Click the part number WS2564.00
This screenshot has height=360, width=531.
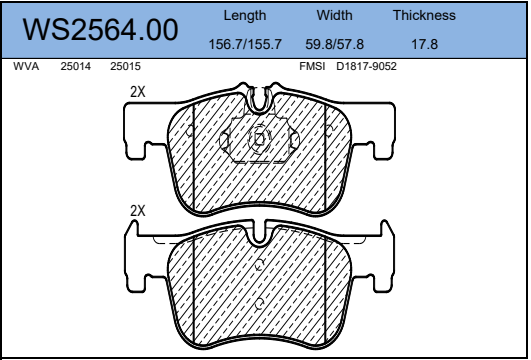point(100,30)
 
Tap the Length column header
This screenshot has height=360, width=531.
point(245,16)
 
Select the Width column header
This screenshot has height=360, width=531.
point(335,15)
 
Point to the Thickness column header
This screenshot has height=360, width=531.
point(424,15)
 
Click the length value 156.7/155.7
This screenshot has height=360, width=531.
point(245,44)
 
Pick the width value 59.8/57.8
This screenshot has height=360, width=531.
point(335,44)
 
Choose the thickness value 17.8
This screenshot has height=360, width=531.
point(425,44)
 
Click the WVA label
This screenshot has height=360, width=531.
point(26,66)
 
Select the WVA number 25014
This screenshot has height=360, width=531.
point(76,66)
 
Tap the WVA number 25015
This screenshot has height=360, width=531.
point(125,66)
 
